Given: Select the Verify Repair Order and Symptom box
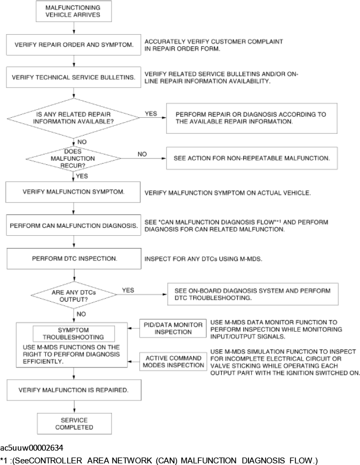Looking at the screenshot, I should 73,45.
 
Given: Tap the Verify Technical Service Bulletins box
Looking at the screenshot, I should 73,77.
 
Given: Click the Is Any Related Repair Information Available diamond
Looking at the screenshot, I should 73,118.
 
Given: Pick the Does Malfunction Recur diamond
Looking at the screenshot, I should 73,158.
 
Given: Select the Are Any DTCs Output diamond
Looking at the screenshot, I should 73,294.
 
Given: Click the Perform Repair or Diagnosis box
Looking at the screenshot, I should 252,118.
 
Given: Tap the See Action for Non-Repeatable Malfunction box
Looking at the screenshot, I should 252,158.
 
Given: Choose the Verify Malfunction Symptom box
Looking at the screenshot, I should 73,192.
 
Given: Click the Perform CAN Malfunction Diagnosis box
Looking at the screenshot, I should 73,226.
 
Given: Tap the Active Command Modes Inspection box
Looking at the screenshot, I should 172,362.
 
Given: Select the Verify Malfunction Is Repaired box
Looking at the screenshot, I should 73,390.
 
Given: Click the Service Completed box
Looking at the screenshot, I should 73,423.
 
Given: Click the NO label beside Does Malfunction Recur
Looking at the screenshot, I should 142,154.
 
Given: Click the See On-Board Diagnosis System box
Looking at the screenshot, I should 252,294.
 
